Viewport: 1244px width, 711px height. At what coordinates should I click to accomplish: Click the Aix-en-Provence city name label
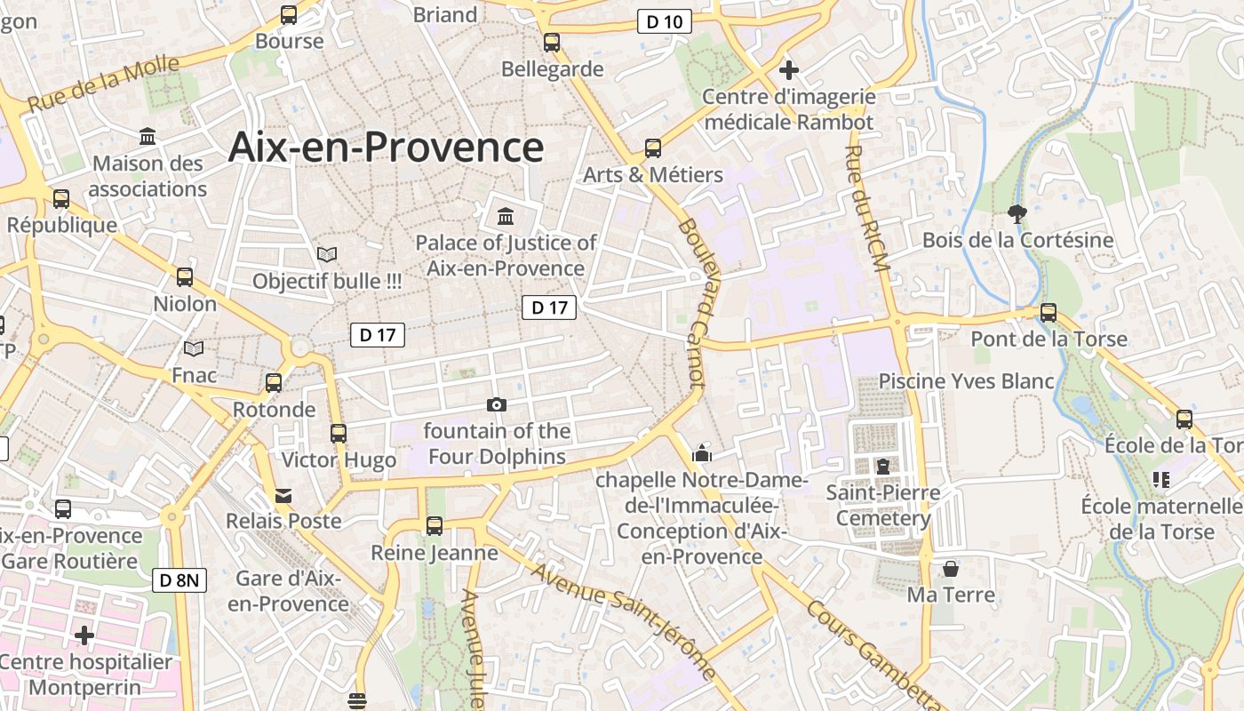tap(386, 147)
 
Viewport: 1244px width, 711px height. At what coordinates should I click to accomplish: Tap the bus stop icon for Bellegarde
tap(552, 42)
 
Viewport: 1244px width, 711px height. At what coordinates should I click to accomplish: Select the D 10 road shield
tap(664, 22)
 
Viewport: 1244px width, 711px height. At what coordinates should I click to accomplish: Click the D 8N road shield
tap(181, 581)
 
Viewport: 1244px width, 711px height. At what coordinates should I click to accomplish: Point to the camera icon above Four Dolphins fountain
tap(497, 405)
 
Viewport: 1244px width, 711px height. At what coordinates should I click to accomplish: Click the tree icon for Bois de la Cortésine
tap(1017, 213)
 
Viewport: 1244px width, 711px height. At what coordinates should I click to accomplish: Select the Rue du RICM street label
tap(865, 204)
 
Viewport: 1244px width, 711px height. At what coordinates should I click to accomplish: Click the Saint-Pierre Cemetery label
tap(883, 505)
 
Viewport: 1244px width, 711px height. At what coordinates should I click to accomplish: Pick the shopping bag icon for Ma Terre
tap(951, 568)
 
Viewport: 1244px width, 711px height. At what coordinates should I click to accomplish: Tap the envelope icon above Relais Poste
tap(283, 495)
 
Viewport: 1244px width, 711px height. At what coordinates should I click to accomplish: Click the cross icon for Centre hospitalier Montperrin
tap(84, 635)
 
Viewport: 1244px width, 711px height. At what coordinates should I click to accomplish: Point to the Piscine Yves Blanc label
tap(966, 381)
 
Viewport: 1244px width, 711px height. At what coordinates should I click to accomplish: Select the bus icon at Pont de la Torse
tap(1049, 313)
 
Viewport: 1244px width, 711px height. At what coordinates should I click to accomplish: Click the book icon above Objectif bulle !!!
tap(327, 255)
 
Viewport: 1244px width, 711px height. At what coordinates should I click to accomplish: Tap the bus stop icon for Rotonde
tap(274, 383)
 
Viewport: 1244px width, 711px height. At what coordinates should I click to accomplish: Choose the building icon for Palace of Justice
tap(506, 216)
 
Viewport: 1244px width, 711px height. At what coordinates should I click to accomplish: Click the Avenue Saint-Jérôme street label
tap(622, 620)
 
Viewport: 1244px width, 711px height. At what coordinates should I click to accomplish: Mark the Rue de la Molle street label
tap(103, 84)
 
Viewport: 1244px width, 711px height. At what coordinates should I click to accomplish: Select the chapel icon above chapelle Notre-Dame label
tap(702, 453)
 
